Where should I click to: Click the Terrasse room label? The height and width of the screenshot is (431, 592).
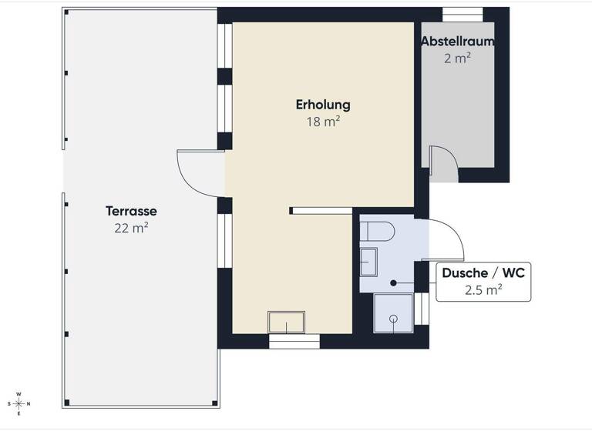pos(131,211)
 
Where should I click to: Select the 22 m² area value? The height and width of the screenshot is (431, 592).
pos(131,227)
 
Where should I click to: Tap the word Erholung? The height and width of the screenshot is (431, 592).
pos(323,105)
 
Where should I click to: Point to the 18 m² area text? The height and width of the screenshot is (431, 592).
pos(323,121)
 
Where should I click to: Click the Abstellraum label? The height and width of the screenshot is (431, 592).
pos(457,42)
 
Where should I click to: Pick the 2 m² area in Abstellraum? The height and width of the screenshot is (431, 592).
pos(457,58)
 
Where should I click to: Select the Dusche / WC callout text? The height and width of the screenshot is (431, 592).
pos(483,273)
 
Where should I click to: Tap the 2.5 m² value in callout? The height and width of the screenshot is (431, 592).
pos(483,290)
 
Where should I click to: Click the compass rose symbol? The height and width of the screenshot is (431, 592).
pos(18,403)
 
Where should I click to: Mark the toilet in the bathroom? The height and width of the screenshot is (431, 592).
pos(378,230)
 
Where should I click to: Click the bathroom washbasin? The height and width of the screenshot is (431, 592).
pos(368,262)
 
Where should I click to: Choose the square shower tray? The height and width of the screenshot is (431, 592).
pos(393,313)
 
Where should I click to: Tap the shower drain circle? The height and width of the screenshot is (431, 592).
pos(393,316)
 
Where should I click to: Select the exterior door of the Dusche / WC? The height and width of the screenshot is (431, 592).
pos(446,239)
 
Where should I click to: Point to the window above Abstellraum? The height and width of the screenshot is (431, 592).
pos(462,15)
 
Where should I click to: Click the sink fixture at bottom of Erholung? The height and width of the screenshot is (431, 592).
pos(286,322)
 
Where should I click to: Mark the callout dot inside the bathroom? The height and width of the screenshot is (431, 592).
pos(393,283)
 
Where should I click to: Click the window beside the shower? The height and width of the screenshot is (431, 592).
pos(421,309)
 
